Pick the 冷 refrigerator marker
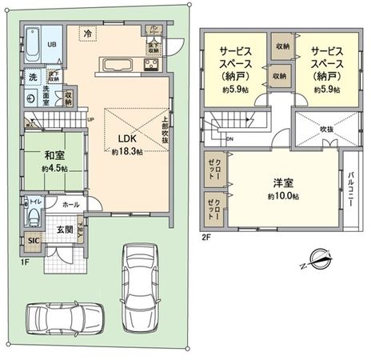[x=86, y=33]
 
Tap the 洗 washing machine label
[x=32, y=78]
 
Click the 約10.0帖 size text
[x=282, y=196]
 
